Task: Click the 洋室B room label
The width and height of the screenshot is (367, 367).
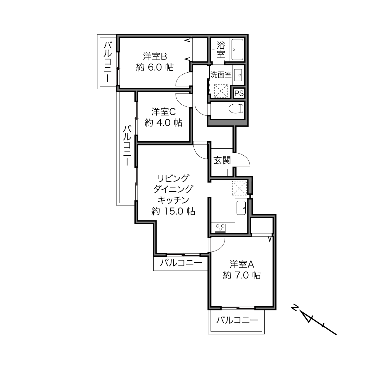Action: click(155, 57)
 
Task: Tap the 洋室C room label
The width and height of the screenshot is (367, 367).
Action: click(164, 112)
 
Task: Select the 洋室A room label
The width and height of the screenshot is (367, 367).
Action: click(242, 264)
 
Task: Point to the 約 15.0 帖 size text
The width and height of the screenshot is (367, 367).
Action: click(173, 211)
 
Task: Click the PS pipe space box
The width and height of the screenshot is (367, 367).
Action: click(239, 93)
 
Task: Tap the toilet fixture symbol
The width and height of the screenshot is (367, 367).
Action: click(236, 108)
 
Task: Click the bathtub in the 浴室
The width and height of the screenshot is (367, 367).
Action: click(237, 50)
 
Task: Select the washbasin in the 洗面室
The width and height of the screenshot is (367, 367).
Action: click(238, 75)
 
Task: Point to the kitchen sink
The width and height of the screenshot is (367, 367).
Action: click(241, 208)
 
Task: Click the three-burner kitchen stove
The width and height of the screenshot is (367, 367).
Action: click(220, 228)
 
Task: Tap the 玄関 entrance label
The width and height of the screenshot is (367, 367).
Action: click(222, 160)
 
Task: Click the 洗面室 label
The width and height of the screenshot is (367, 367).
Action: click(221, 75)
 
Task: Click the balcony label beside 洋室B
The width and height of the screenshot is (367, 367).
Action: click(108, 62)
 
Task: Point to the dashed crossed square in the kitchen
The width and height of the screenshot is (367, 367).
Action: click(239, 188)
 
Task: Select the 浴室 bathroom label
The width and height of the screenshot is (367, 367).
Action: click(221, 50)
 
